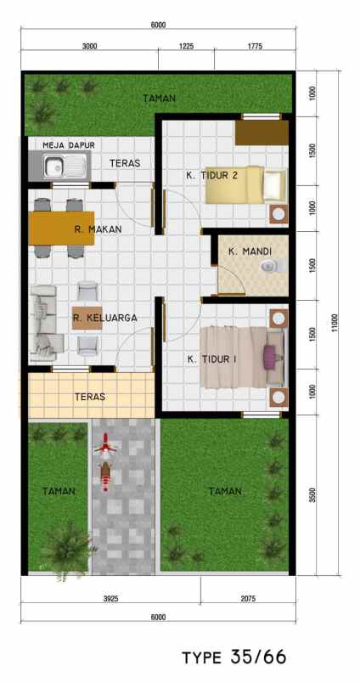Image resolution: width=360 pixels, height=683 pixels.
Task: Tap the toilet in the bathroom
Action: click(270, 268)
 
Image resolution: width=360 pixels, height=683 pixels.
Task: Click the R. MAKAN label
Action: click(98, 229)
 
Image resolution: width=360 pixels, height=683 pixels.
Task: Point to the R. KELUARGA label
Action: click(104, 319)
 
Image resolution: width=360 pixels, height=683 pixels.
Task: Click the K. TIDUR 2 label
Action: click(211, 175)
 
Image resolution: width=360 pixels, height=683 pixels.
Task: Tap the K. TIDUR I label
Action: click(211, 358)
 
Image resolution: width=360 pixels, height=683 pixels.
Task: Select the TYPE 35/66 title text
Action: click(233, 656)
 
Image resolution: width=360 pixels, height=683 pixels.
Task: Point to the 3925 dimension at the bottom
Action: click(110, 598)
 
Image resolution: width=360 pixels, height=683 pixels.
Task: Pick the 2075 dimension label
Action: click(247, 598)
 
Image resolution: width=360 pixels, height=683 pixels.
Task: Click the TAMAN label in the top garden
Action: click(160, 99)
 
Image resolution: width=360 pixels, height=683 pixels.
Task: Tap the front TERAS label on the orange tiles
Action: click(89, 396)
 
